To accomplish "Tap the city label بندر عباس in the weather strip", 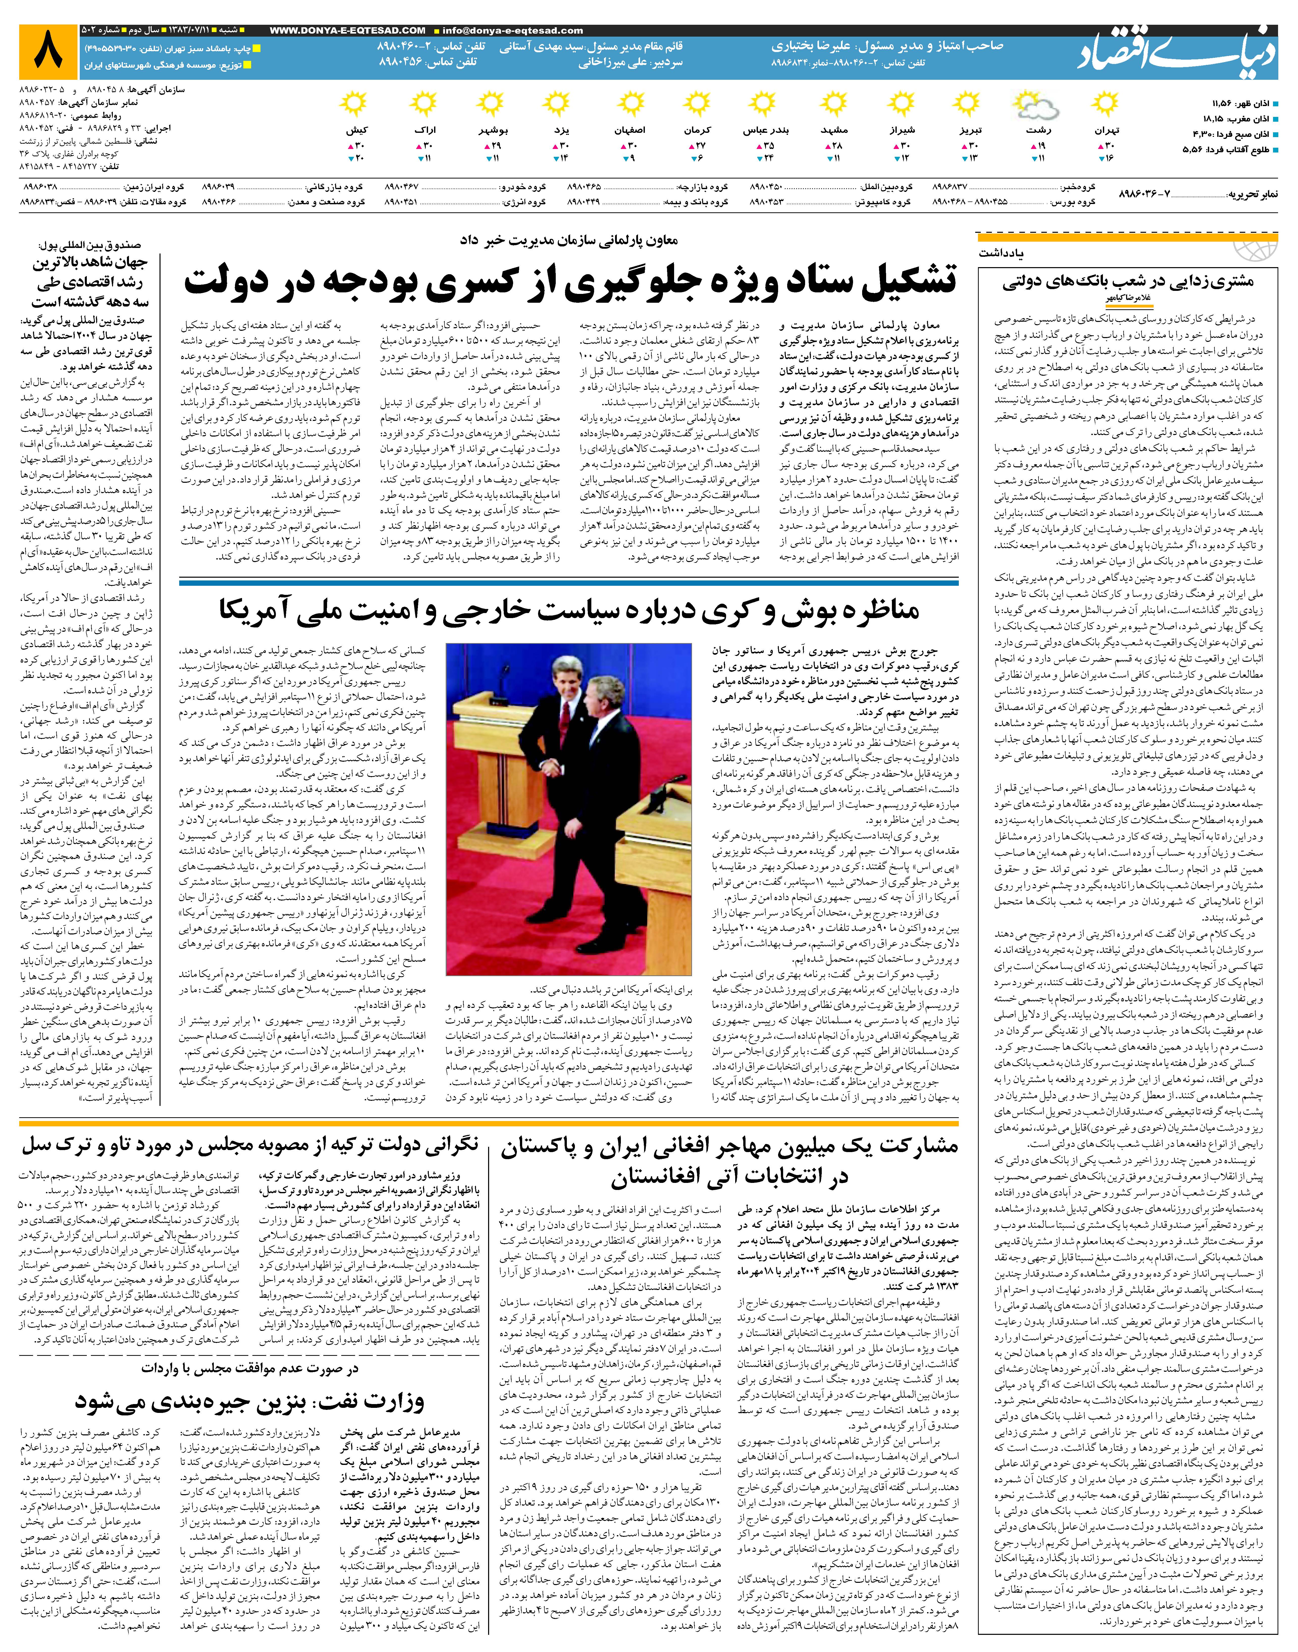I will tap(765, 130).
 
